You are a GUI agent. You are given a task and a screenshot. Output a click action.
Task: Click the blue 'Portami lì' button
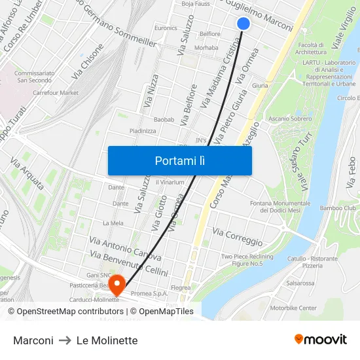pos(180,160)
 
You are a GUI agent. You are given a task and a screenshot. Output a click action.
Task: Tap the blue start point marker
pos(243,24)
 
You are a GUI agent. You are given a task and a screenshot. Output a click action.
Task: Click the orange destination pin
pos(117,283)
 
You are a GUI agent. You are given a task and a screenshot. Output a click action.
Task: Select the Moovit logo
pos(321,340)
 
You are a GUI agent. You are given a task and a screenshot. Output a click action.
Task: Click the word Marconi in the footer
pos(33,340)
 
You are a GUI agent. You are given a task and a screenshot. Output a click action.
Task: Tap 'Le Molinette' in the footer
pos(107,340)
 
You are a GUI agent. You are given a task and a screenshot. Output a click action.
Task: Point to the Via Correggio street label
pos(238,237)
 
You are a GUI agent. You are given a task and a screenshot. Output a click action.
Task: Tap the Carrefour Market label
pos(56,93)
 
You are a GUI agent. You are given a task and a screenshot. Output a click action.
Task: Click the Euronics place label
pos(166,28)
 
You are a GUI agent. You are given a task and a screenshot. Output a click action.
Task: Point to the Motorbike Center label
pos(293,307)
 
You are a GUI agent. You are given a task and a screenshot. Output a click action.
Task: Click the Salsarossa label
pos(300,283)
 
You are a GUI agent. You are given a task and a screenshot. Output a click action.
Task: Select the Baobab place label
pos(164,119)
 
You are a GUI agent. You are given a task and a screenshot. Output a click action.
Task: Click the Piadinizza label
pos(143,131)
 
